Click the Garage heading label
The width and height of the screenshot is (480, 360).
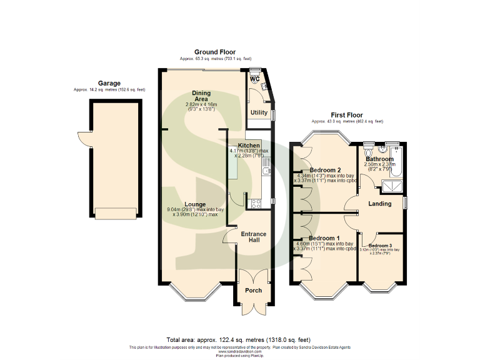click(x=109, y=83)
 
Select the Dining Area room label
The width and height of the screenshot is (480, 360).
click(x=201, y=95)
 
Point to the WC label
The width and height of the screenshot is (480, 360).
click(x=255, y=79)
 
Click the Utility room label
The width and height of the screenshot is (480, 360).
click(x=259, y=112)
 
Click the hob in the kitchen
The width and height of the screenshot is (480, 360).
click(x=256, y=202)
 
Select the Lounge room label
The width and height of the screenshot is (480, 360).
click(x=195, y=204)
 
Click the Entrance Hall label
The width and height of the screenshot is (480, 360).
click(x=253, y=237)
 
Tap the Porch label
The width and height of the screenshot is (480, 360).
click(x=253, y=291)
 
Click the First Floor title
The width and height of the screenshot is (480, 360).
click(x=346, y=115)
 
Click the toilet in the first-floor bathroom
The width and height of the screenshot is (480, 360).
click(x=369, y=152)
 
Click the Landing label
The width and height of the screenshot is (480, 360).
click(x=380, y=204)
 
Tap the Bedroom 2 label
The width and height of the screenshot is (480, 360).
click(x=325, y=170)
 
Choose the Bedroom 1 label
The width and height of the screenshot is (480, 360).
click(x=325, y=239)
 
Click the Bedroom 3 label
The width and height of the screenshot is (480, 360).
click(x=381, y=246)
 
